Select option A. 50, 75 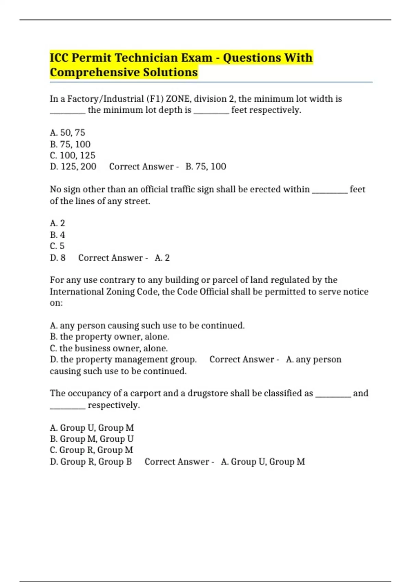pos(67,132)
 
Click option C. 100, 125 pos(73,155)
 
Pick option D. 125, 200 pos(73,167)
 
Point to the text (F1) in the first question pos(155,99)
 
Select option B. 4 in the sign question pos(57,235)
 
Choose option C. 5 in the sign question pos(57,246)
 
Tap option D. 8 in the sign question pos(58,258)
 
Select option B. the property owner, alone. pos(109,337)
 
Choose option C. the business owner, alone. pos(109,348)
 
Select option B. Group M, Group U pos(92,439)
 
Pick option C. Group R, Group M pos(91,450)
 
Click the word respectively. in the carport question pos(114,405)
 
